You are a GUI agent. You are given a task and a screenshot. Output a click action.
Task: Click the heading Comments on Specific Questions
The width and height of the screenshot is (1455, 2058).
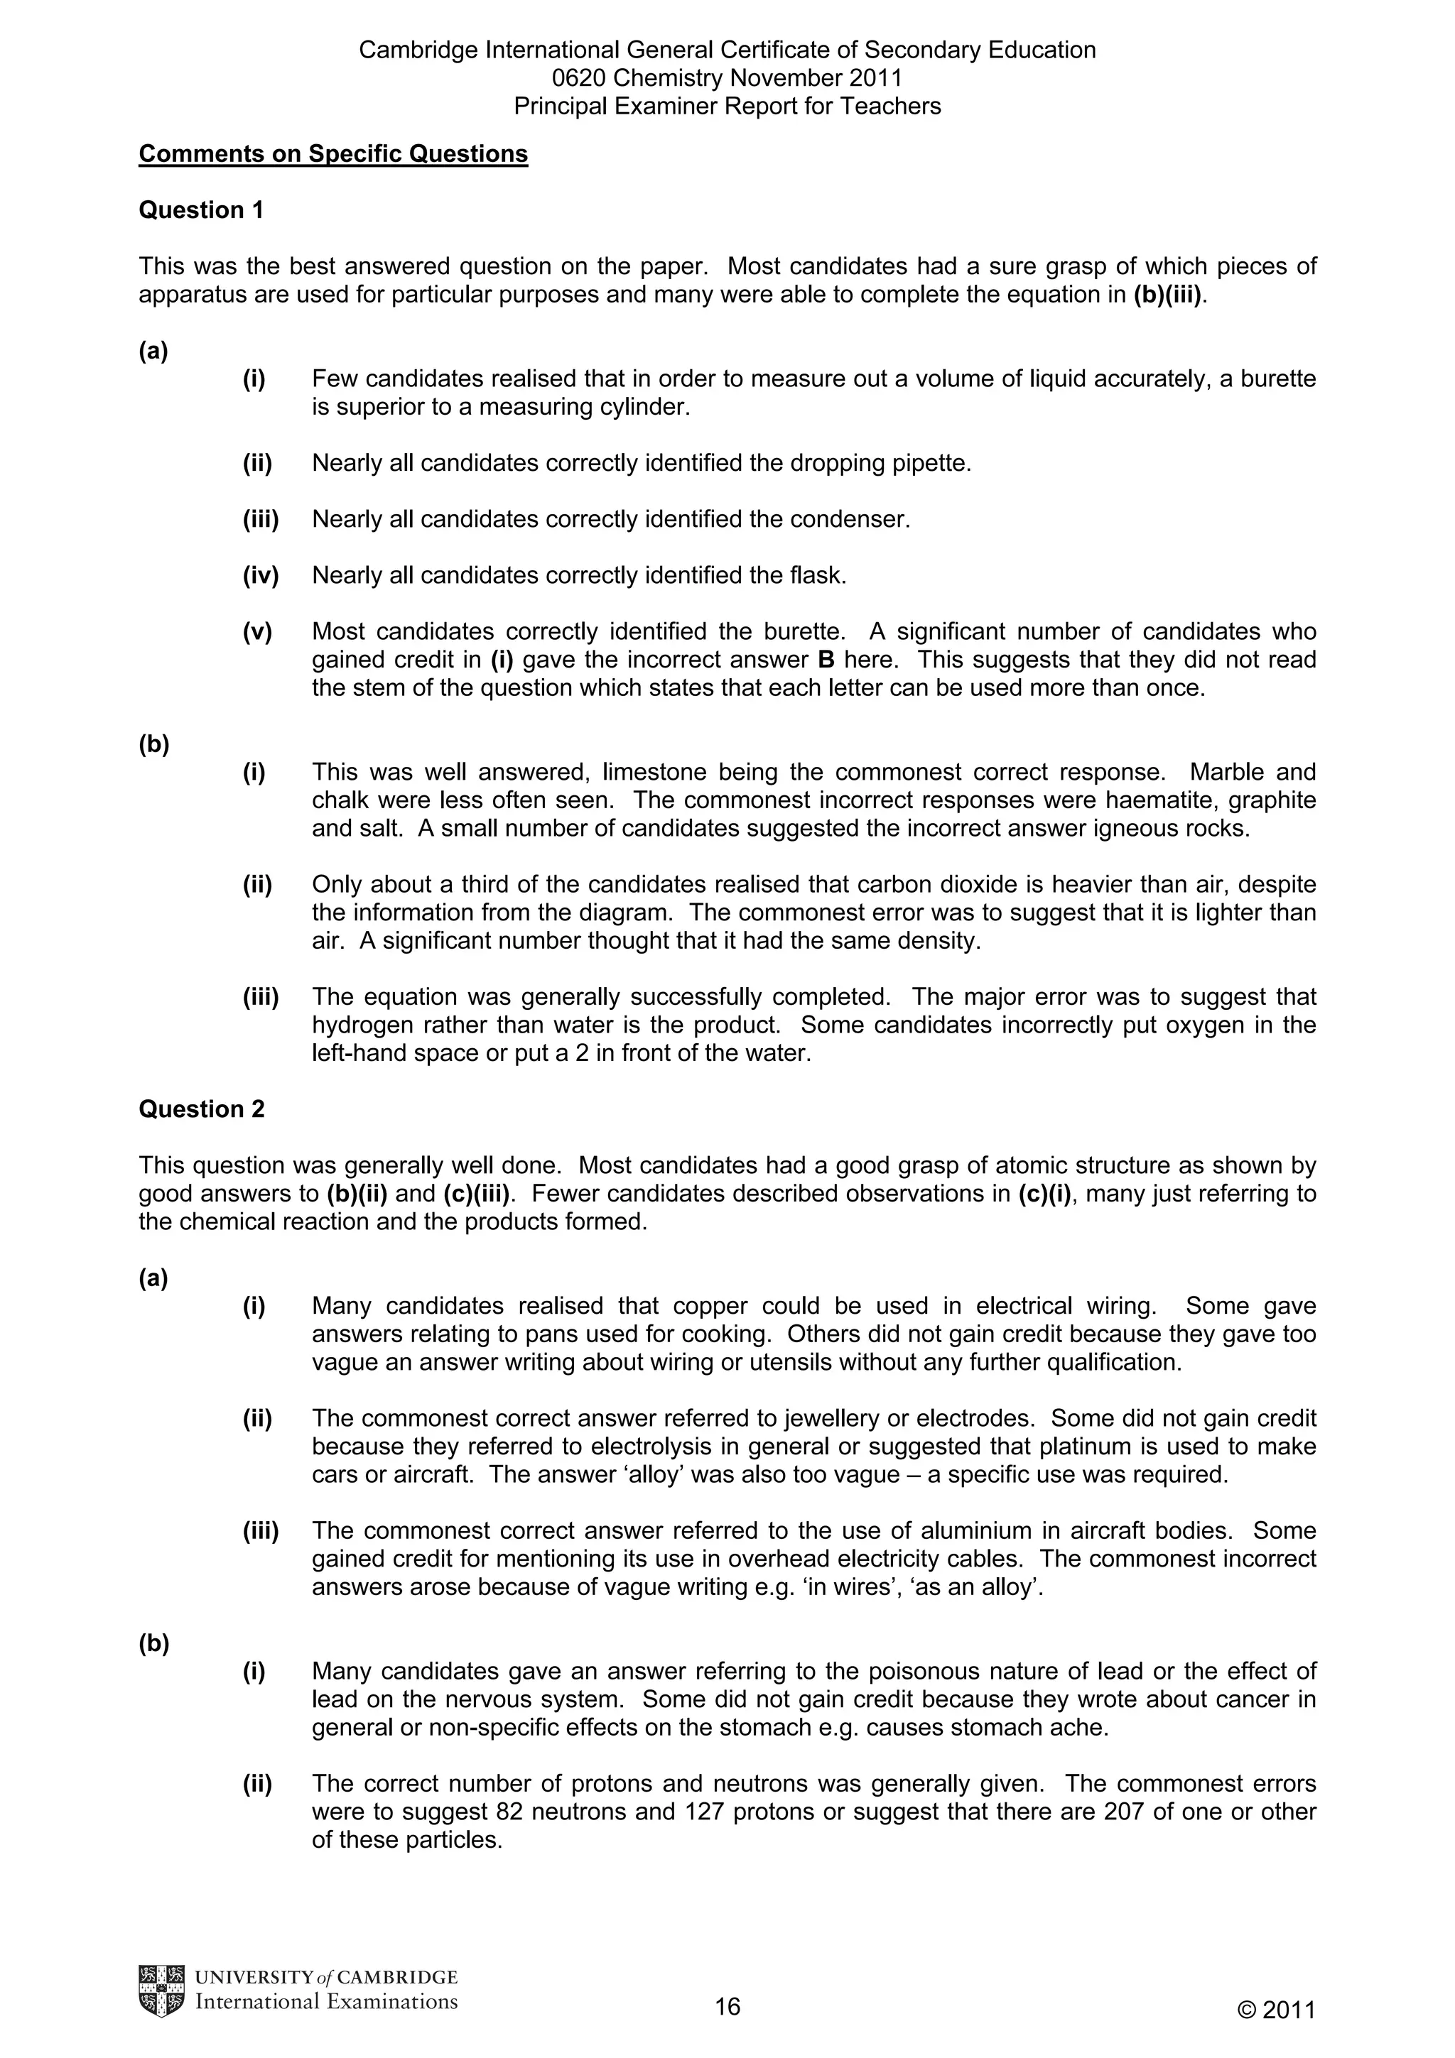(x=332, y=154)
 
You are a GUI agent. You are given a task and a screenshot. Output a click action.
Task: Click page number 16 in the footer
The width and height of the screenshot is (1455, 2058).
(x=727, y=2006)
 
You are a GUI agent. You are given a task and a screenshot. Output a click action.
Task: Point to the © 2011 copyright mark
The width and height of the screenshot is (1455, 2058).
(x=1276, y=2010)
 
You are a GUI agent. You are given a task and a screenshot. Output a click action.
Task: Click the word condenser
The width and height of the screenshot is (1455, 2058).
(x=860, y=519)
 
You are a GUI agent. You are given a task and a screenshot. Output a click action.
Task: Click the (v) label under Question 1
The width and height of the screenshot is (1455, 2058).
(x=256, y=632)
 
